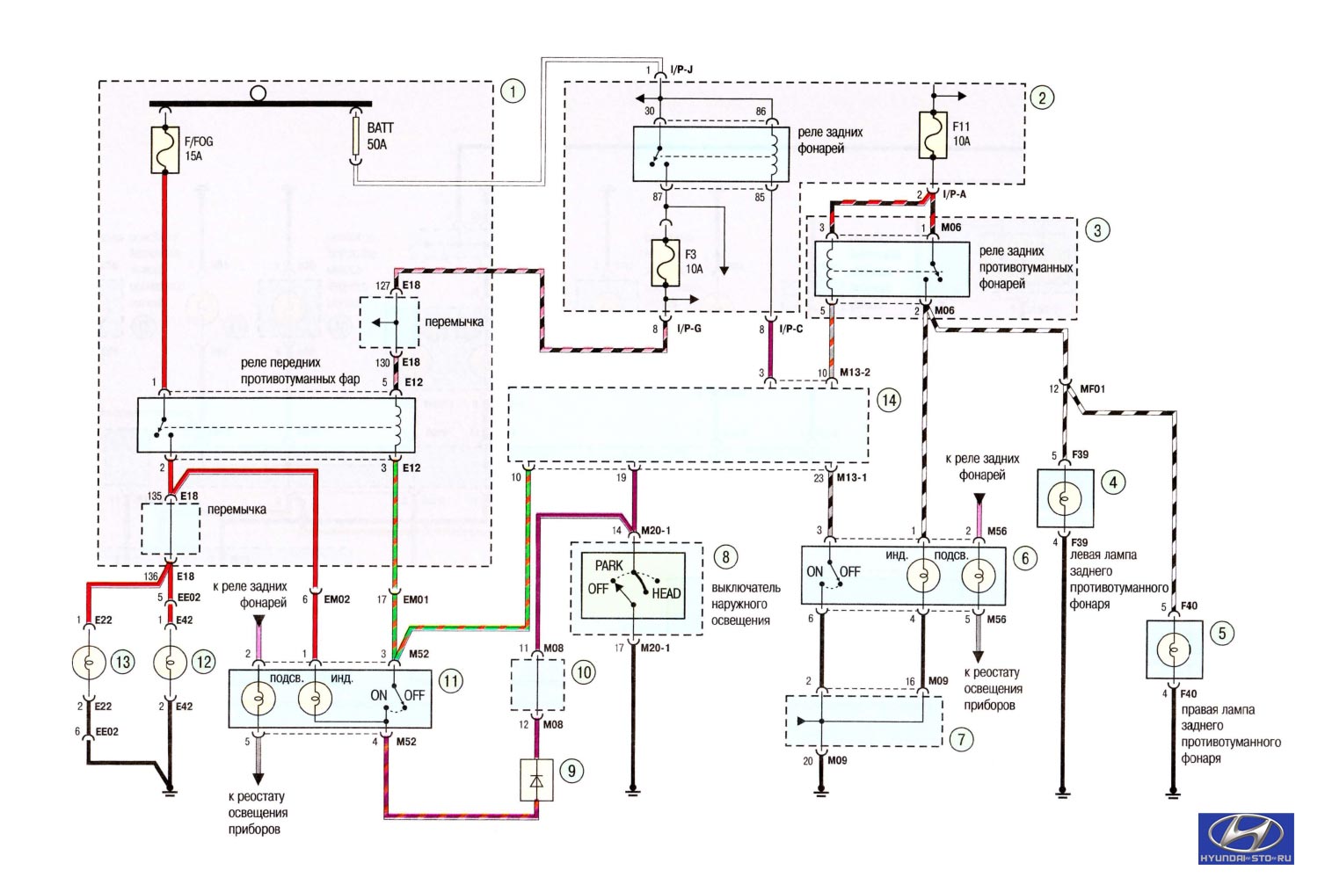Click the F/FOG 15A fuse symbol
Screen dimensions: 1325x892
(x=165, y=150)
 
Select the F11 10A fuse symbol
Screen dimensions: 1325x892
(x=933, y=135)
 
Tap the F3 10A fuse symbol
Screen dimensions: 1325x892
(x=666, y=263)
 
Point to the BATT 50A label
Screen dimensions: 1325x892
(x=380, y=136)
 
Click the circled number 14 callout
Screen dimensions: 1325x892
(x=889, y=401)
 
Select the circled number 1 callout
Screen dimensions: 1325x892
(x=513, y=91)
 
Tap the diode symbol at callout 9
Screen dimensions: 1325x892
(x=536, y=780)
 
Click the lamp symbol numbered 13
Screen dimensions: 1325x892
(x=89, y=663)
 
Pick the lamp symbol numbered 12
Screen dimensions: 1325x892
(x=171, y=663)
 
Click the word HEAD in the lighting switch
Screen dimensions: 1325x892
(x=666, y=593)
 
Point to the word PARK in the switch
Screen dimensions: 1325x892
(x=608, y=566)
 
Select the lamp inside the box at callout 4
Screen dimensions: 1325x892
(x=1064, y=499)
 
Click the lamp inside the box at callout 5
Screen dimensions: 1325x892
(x=1174, y=649)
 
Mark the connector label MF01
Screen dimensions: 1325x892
(x=1092, y=389)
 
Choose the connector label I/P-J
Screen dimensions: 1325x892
(x=681, y=69)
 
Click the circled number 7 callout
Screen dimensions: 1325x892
(x=961, y=739)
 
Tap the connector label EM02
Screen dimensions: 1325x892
(x=337, y=599)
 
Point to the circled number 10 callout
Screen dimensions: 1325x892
(x=584, y=672)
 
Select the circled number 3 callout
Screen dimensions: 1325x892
(x=1097, y=230)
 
